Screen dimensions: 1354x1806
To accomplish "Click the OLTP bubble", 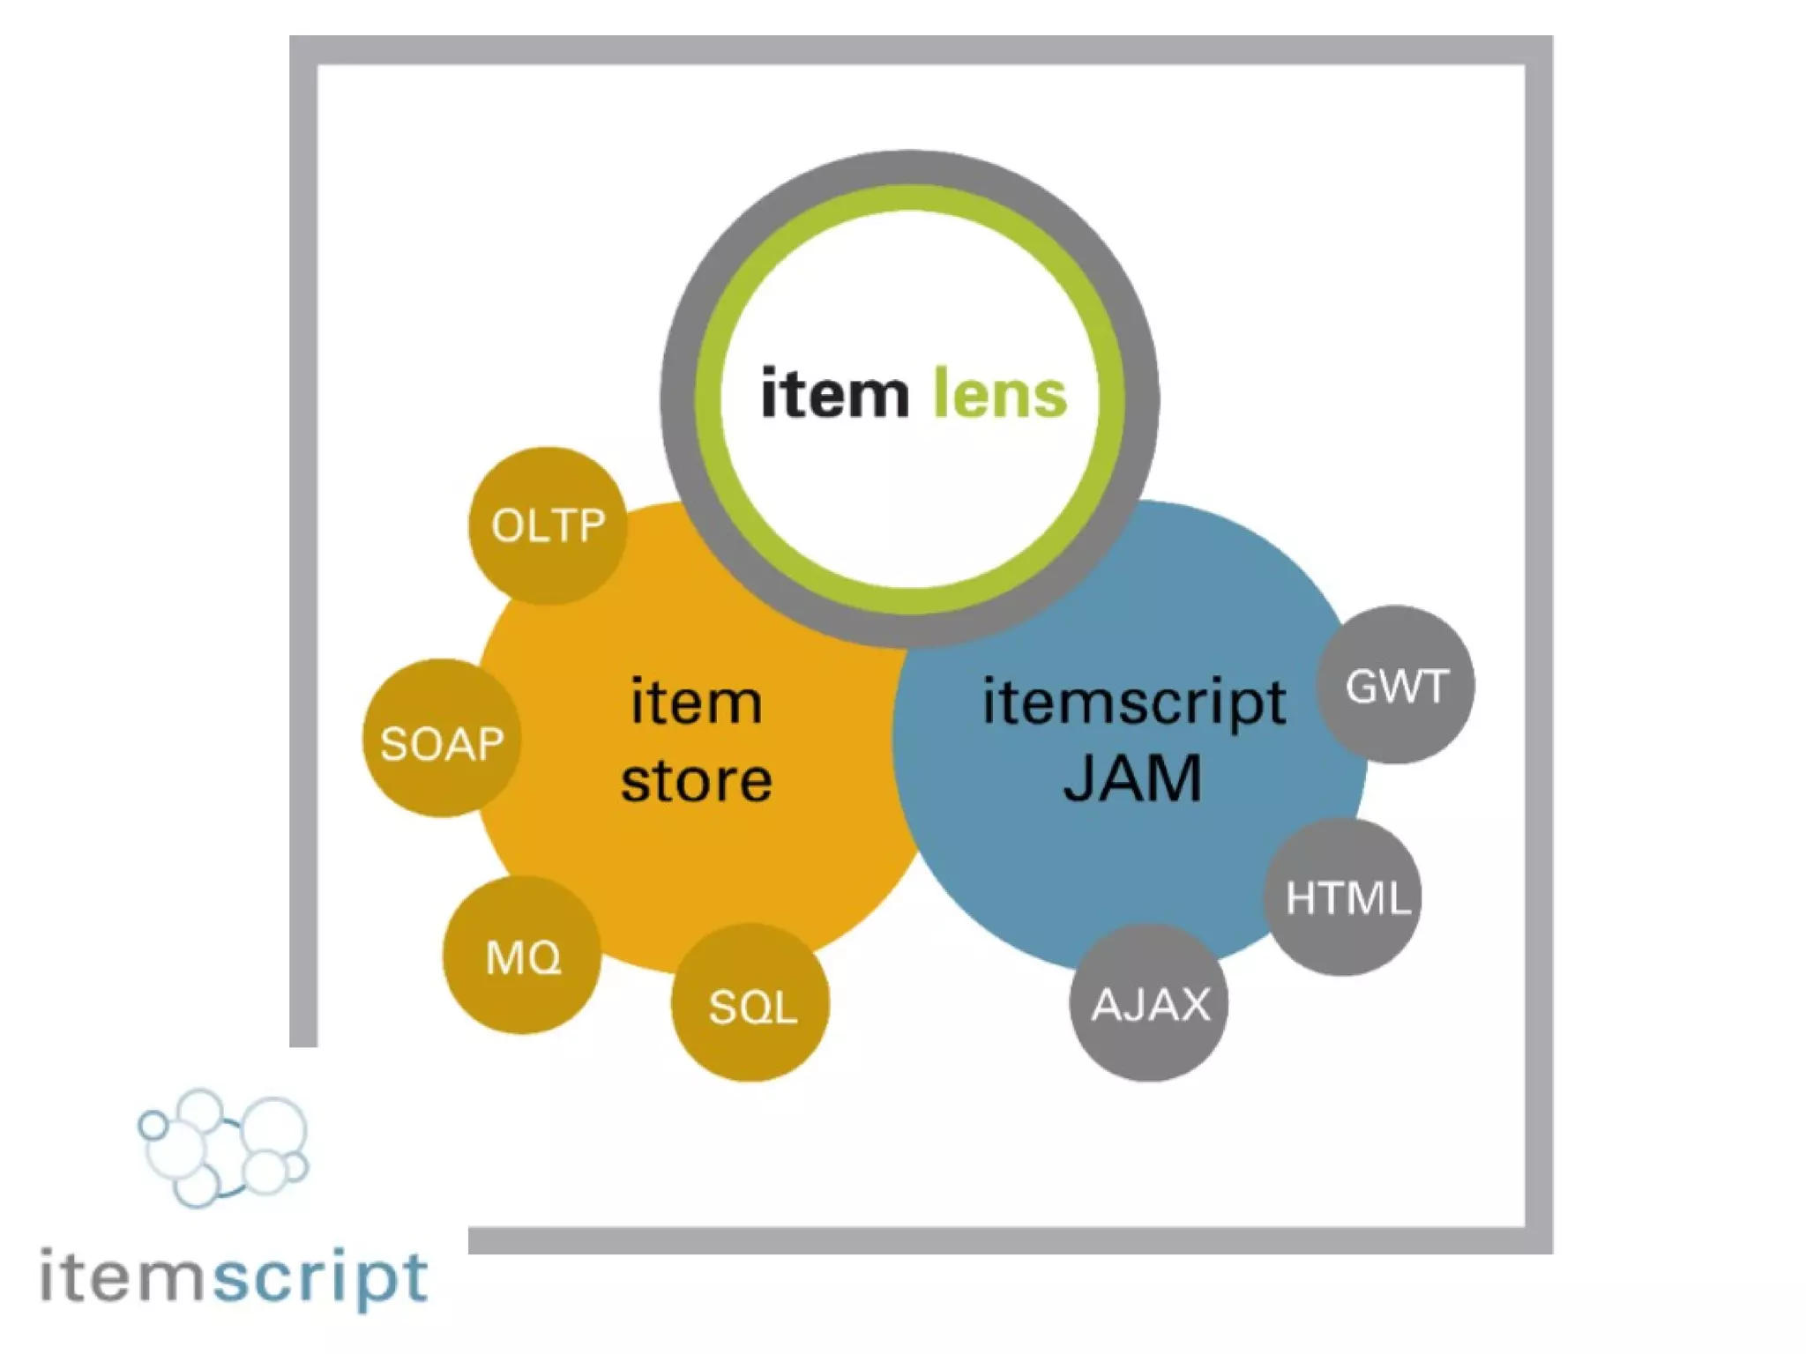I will (x=548, y=526).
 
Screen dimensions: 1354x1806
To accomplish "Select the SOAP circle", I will (x=441, y=739).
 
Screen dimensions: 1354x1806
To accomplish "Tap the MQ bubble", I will (x=522, y=956).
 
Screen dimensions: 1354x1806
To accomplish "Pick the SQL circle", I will (x=750, y=1003).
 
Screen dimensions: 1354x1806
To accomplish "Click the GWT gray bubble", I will (x=1395, y=685).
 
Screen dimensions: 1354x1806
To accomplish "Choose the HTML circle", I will (x=1343, y=897).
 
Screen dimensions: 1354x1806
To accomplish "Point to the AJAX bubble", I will (x=1149, y=1003).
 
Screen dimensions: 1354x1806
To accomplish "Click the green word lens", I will (x=1000, y=394).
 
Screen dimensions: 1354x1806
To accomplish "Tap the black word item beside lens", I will (x=834, y=394).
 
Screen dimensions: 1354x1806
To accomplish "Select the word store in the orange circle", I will (x=696, y=781).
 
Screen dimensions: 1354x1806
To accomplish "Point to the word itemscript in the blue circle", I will (x=1134, y=703).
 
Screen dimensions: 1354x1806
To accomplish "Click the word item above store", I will (x=696, y=703).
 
